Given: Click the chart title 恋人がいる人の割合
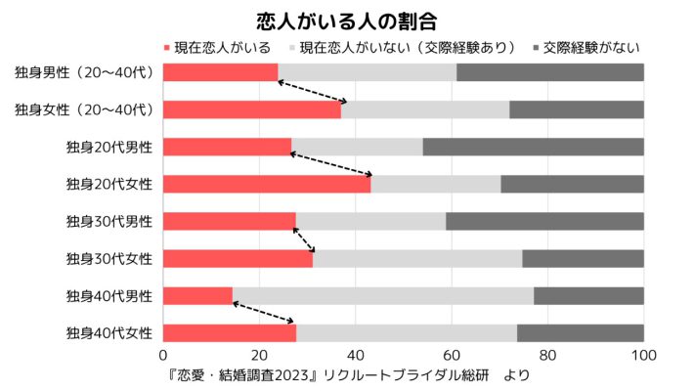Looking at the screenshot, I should click(x=346, y=20).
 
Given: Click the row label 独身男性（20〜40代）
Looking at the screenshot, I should click(x=84, y=72).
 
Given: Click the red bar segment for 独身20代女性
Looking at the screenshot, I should click(x=267, y=184).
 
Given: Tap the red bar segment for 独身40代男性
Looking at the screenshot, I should click(x=197, y=295).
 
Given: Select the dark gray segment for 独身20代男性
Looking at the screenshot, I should click(x=534, y=147).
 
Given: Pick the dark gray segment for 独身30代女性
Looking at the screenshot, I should click(x=583, y=258).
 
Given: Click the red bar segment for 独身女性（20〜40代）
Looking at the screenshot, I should click(x=252, y=109).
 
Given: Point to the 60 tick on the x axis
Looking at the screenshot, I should click(x=452, y=355).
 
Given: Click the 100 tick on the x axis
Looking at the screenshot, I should click(x=643, y=355).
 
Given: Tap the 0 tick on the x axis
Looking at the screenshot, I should click(x=163, y=355).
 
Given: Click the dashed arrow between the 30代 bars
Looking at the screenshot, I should click(x=305, y=239).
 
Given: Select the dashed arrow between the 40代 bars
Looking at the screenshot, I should click(x=264, y=313).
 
